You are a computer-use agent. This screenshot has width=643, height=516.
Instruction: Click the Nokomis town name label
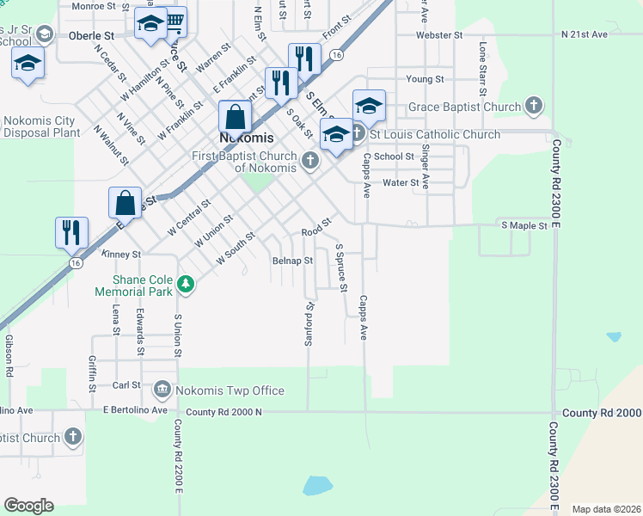[246, 138]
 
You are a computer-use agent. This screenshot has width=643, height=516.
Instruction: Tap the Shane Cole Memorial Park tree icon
[185, 283]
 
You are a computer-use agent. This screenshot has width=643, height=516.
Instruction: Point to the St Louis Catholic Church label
[434, 134]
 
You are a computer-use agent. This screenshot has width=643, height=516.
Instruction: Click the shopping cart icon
[175, 20]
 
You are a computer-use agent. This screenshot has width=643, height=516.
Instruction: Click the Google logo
[28, 506]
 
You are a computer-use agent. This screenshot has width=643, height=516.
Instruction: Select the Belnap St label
[291, 261]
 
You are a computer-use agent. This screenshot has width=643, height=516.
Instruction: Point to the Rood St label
[316, 232]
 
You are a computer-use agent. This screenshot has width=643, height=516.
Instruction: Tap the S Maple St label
[524, 225]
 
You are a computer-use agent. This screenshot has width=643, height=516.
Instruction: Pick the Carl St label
[126, 385]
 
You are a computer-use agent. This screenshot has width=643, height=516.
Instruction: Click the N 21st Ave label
[584, 34]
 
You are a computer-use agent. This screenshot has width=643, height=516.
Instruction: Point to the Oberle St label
[92, 36]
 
